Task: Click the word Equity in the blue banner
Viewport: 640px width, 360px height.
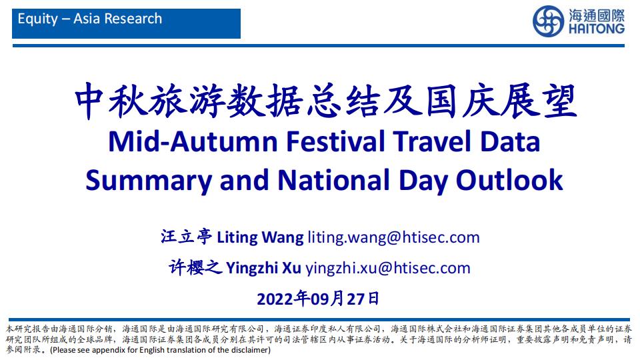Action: [38, 19]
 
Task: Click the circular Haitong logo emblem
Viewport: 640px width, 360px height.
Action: [548, 21]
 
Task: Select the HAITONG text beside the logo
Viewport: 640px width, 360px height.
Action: [596, 29]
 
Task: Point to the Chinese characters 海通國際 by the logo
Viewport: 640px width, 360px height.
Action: [596, 15]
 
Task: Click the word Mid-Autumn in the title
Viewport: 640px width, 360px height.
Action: [193, 141]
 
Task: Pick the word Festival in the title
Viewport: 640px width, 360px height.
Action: [335, 141]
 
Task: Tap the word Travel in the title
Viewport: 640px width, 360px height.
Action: [432, 141]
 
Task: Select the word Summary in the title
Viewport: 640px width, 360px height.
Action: [149, 181]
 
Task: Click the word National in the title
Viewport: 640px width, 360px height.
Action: [333, 180]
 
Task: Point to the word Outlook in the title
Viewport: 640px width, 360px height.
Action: [509, 180]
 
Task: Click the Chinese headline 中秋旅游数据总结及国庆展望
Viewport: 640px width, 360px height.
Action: [325, 101]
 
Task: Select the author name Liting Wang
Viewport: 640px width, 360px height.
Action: [260, 237]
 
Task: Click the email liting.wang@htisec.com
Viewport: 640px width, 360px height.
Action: [393, 237]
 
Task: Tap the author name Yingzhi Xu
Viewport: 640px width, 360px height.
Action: [263, 268]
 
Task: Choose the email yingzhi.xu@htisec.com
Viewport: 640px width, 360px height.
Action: [388, 268]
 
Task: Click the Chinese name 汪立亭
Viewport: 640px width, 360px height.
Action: [187, 237]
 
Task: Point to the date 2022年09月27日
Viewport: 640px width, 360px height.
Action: [318, 299]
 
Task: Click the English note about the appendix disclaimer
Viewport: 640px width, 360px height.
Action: [160, 350]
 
